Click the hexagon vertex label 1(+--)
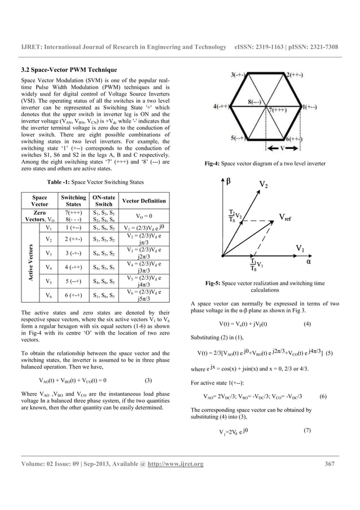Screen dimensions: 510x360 point(327,106)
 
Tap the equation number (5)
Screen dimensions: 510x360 point(330,354)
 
